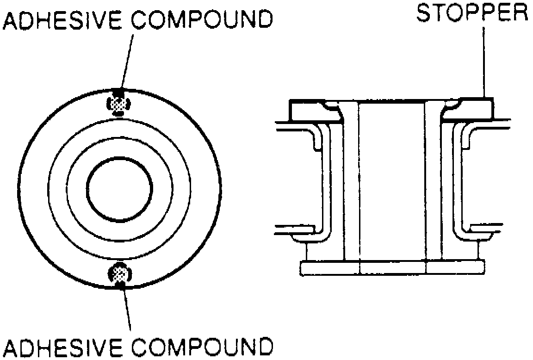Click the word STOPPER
pos(472,13)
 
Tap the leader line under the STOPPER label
pos(483,60)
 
